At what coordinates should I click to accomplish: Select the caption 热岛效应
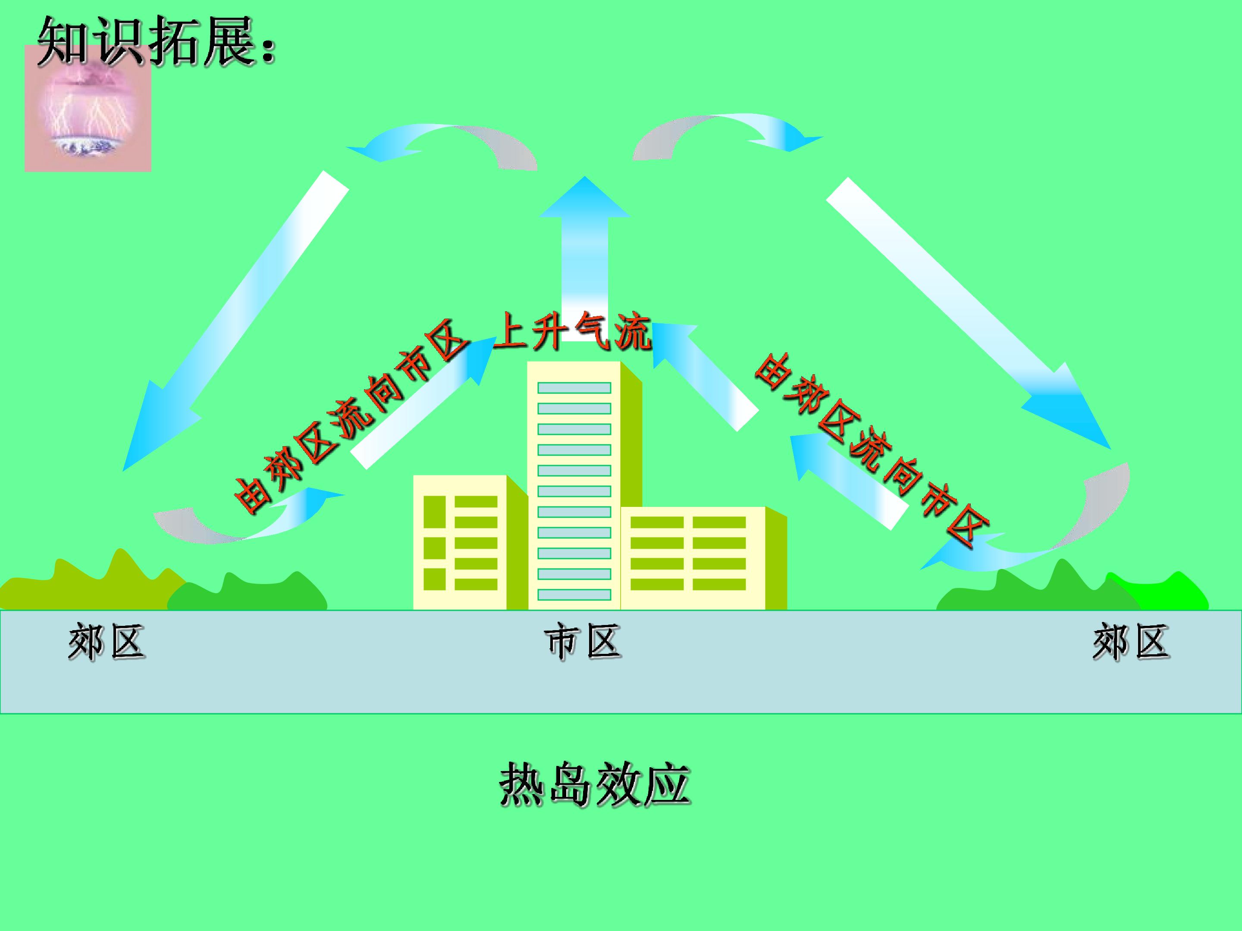coord(595,784)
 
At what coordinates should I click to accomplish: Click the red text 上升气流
coord(571,332)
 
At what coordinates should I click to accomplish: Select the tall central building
coord(584,485)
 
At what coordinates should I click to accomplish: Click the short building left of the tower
coord(469,542)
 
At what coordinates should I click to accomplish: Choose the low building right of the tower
coord(703,558)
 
